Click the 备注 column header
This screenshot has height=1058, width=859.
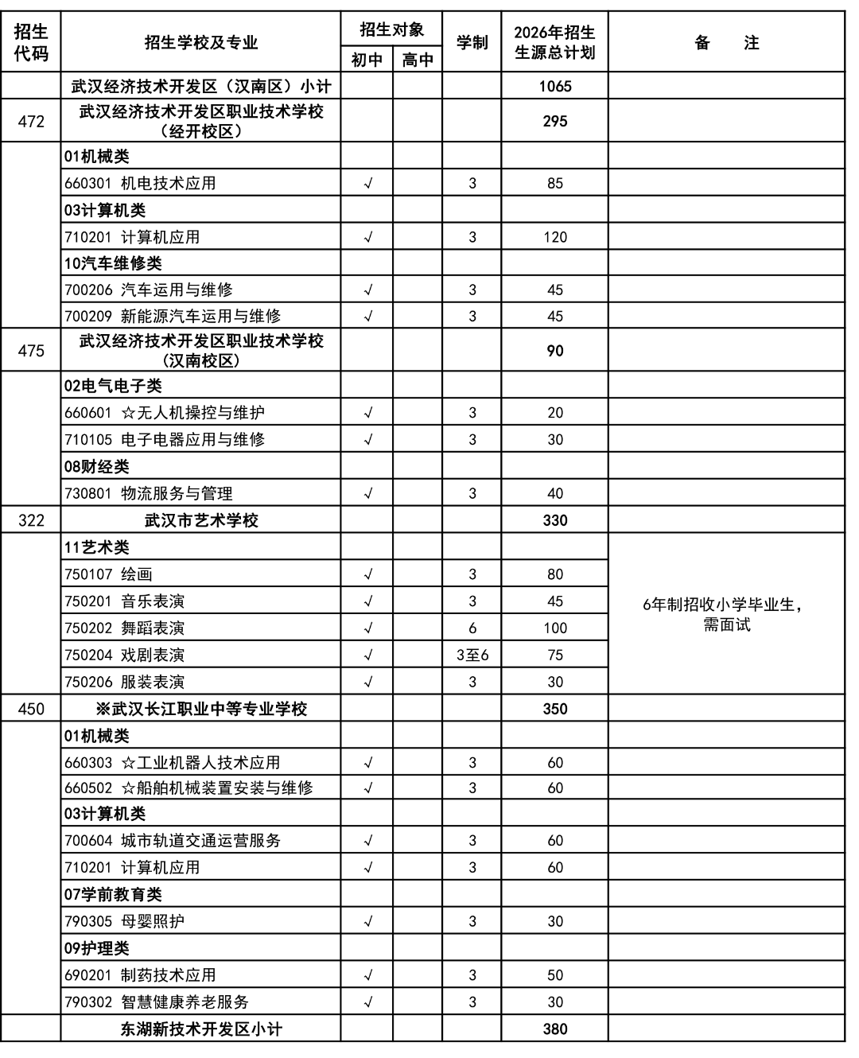point(726,43)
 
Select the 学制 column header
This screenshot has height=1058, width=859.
point(472,43)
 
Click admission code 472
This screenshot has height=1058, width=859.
point(31,122)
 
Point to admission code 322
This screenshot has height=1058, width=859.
point(31,520)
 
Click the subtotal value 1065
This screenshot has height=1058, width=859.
point(554,87)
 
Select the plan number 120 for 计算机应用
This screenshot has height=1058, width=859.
point(554,237)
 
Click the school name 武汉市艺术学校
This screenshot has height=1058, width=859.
point(201,520)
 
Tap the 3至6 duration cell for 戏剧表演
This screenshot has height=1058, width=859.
point(472,655)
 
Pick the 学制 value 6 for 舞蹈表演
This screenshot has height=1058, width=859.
point(472,628)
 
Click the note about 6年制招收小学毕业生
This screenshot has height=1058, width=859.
point(726,614)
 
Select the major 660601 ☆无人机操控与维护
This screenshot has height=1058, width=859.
point(165,413)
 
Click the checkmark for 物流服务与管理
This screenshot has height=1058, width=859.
point(367,493)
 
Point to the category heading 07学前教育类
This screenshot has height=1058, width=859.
point(113,894)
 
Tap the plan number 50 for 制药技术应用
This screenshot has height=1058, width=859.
point(554,975)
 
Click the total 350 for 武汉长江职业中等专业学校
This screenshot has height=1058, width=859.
point(554,709)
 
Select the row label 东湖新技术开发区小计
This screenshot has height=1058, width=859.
point(201,1029)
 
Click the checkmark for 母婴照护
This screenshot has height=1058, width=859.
point(367,921)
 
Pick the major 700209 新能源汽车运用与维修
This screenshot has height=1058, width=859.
point(173,316)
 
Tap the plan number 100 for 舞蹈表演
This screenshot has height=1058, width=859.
point(554,628)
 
